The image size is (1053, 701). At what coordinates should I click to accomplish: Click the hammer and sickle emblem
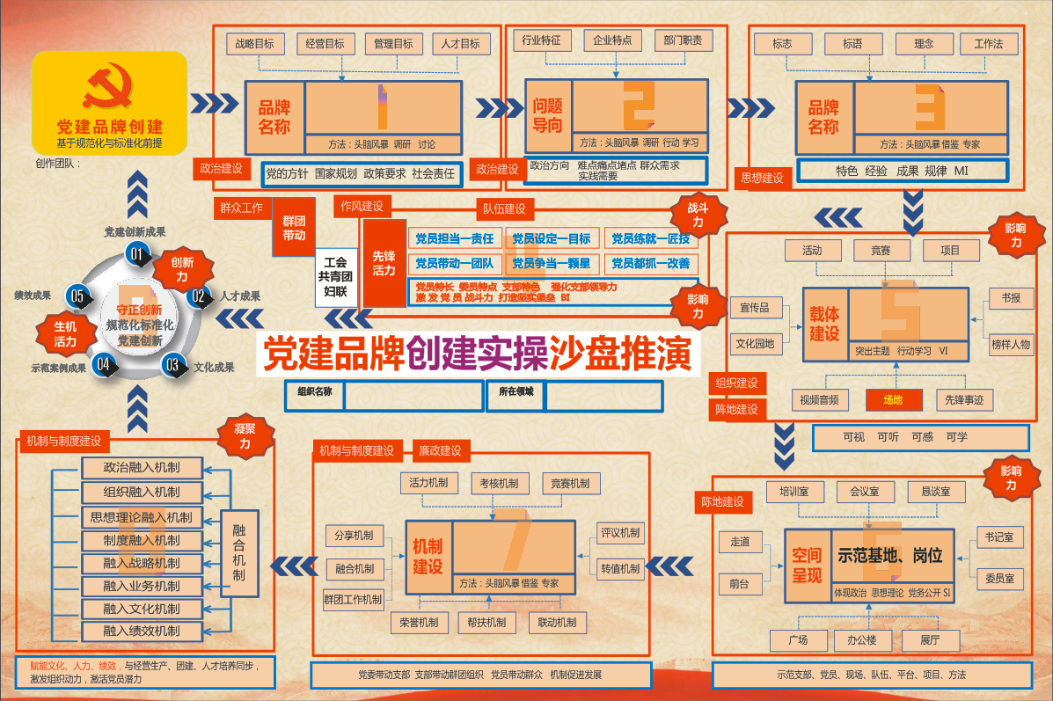[110, 87]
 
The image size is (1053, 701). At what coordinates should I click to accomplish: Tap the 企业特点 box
[613, 41]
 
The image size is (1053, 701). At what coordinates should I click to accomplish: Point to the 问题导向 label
[547, 115]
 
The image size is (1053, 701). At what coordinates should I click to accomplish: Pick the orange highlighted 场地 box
[893, 400]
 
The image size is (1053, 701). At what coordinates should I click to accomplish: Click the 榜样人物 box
[1010, 344]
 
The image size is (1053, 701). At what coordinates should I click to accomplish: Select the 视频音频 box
[819, 400]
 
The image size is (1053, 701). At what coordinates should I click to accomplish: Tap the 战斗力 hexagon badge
[697, 216]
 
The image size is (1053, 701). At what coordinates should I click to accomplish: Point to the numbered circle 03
[172, 364]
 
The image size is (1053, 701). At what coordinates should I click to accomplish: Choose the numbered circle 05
[77, 296]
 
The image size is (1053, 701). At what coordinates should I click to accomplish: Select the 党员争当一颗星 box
[552, 263]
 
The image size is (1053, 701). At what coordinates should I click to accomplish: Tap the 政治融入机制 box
[142, 467]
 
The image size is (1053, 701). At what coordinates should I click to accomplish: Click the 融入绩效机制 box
[142, 631]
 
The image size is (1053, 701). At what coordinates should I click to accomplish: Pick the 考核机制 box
[499, 483]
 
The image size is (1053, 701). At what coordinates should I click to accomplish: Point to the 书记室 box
[1000, 537]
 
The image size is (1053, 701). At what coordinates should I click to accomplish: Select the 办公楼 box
[856, 639]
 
